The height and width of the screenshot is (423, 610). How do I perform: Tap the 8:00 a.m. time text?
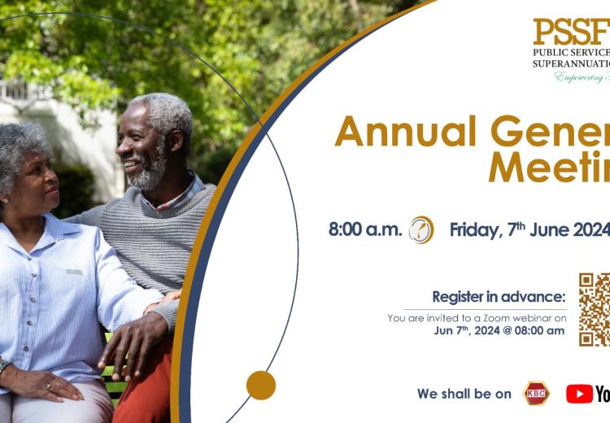coord(365,229)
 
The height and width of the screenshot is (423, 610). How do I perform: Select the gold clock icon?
coord(421,229)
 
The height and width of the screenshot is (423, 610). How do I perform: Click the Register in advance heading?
coord(499,296)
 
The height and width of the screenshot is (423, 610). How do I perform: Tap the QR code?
coord(595,309)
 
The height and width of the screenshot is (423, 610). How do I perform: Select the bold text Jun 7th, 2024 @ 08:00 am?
coord(499,330)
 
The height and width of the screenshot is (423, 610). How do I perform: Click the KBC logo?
coord(537,394)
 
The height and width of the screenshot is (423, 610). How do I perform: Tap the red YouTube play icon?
coord(579,394)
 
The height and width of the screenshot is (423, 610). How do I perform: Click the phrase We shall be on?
coord(464,394)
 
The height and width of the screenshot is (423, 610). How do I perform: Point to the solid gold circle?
coord(261,385)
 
